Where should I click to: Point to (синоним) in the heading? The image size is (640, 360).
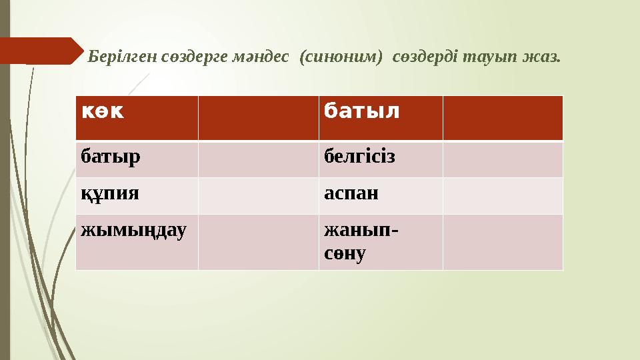click(x=341, y=56)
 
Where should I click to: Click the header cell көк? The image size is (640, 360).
click(x=137, y=118)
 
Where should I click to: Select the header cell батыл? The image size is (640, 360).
click(x=380, y=118)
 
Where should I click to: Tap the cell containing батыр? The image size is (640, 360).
click(x=137, y=159)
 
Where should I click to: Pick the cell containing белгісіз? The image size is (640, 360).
click(x=380, y=159)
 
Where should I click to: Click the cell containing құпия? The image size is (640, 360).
click(x=137, y=196)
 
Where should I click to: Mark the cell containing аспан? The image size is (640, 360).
click(x=380, y=196)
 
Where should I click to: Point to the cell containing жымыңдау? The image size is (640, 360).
click(x=137, y=242)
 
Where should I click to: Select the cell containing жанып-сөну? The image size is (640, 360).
click(x=380, y=242)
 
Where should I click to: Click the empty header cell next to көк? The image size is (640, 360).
click(x=258, y=118)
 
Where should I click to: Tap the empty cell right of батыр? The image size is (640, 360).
click(x=258, y=159)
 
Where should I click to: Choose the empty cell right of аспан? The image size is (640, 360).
click(x=503, y=196)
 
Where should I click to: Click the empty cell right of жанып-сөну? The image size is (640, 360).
click(x=503, y=242)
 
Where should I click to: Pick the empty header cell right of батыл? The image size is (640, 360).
click(x=503, y=118)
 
